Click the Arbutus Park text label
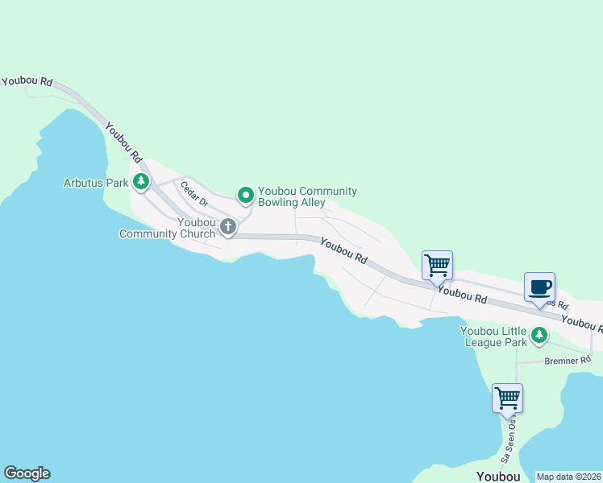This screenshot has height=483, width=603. (96, 183)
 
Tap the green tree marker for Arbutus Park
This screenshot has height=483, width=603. (141, 182)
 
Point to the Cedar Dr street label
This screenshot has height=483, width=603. (194, 195)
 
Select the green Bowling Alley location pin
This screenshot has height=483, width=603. (245, 195)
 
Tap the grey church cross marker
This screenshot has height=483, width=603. (228, 227)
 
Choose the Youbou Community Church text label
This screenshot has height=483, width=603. (168, 228)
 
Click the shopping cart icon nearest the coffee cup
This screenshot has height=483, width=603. (437, 265)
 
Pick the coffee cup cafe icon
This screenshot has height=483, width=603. (539, 287)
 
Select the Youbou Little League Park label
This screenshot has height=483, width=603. (493, 336)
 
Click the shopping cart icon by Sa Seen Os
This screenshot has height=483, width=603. (507, 398)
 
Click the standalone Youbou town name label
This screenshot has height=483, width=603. (498, 477)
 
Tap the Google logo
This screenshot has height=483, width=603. (27, 473)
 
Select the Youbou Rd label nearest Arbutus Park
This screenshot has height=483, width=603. (124, 145)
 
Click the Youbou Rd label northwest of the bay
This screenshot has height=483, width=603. (27, 81)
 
